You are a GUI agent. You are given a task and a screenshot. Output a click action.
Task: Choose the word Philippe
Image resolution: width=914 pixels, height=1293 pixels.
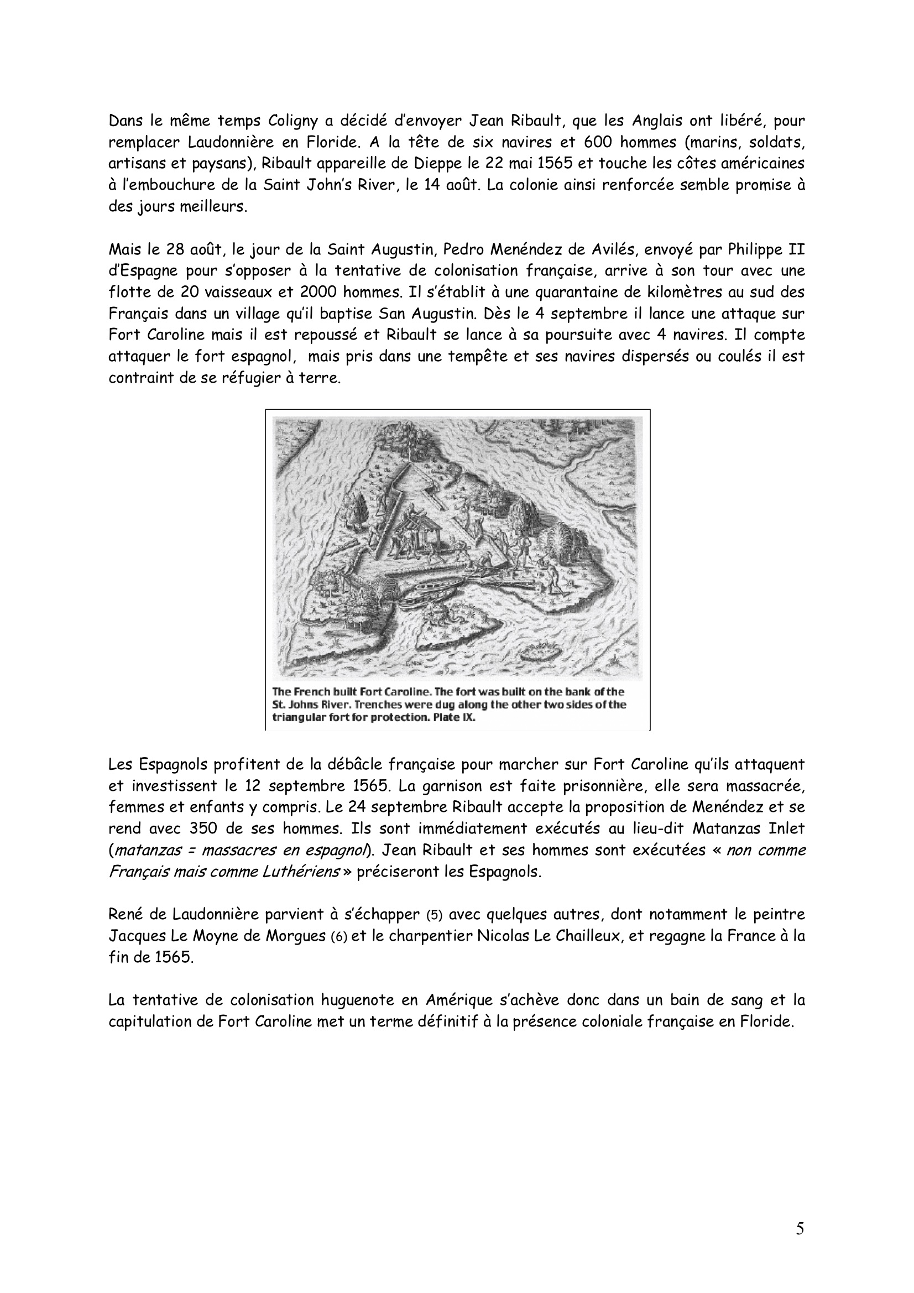pos(754,249)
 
